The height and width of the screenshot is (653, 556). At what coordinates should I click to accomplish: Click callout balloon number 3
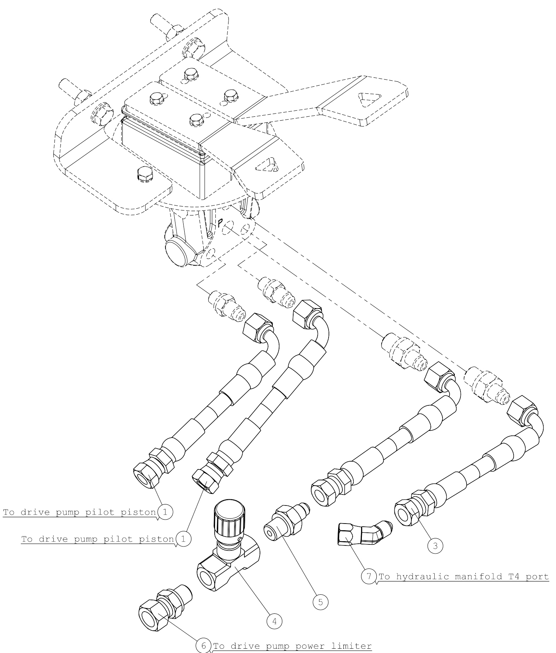[435, 546]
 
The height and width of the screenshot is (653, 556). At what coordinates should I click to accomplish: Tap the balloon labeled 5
[320, 602]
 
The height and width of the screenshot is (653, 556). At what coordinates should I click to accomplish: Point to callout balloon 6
[203, 645]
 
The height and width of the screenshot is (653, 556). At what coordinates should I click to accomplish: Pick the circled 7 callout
[369, 577]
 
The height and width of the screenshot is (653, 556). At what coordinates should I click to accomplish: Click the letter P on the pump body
[220, 223]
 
